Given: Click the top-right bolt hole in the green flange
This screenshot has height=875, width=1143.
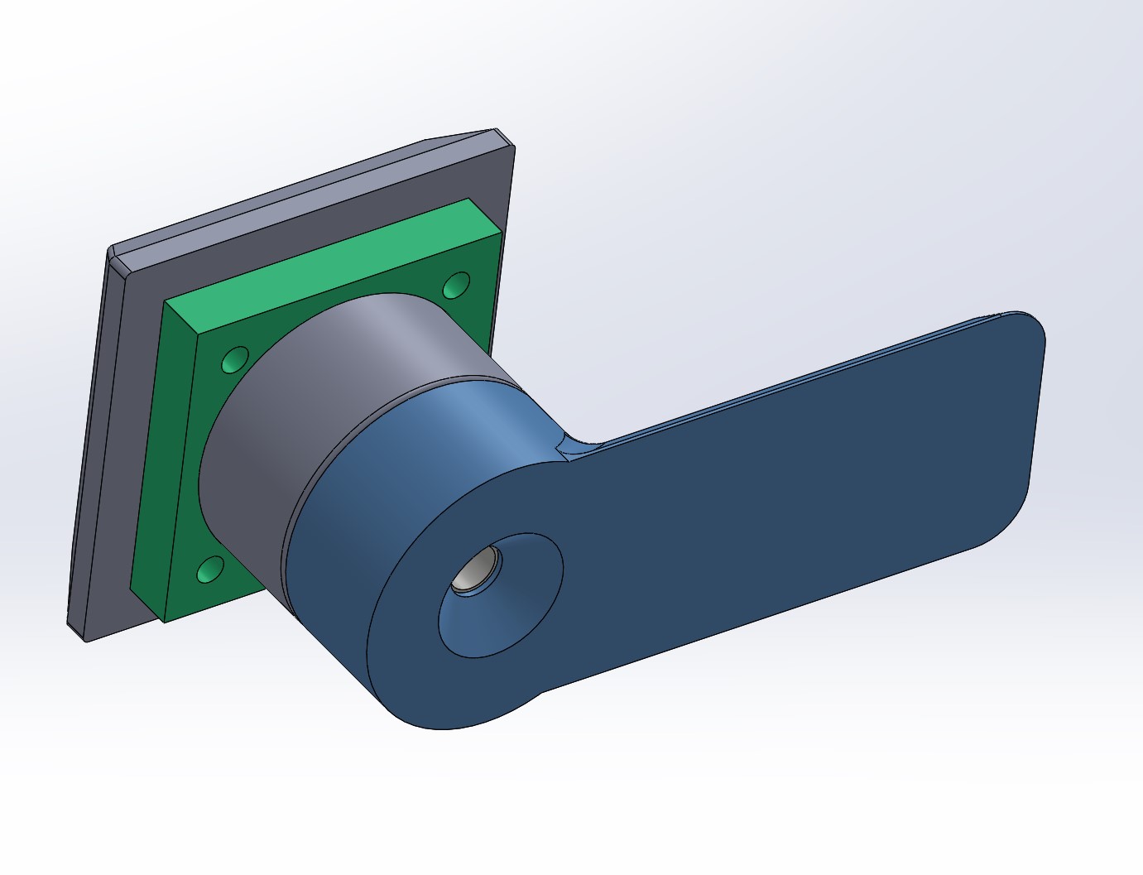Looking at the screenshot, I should point(456,286).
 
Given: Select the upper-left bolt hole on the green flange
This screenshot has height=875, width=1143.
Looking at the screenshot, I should point(235,361).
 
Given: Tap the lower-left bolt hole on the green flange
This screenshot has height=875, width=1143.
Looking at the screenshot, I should point(210,570).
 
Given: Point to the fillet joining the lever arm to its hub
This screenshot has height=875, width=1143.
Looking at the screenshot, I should point(571,447).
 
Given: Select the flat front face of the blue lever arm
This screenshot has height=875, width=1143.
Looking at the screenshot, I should point(786,497).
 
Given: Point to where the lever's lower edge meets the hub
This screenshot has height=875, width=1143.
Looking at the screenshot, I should point(542,692).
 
